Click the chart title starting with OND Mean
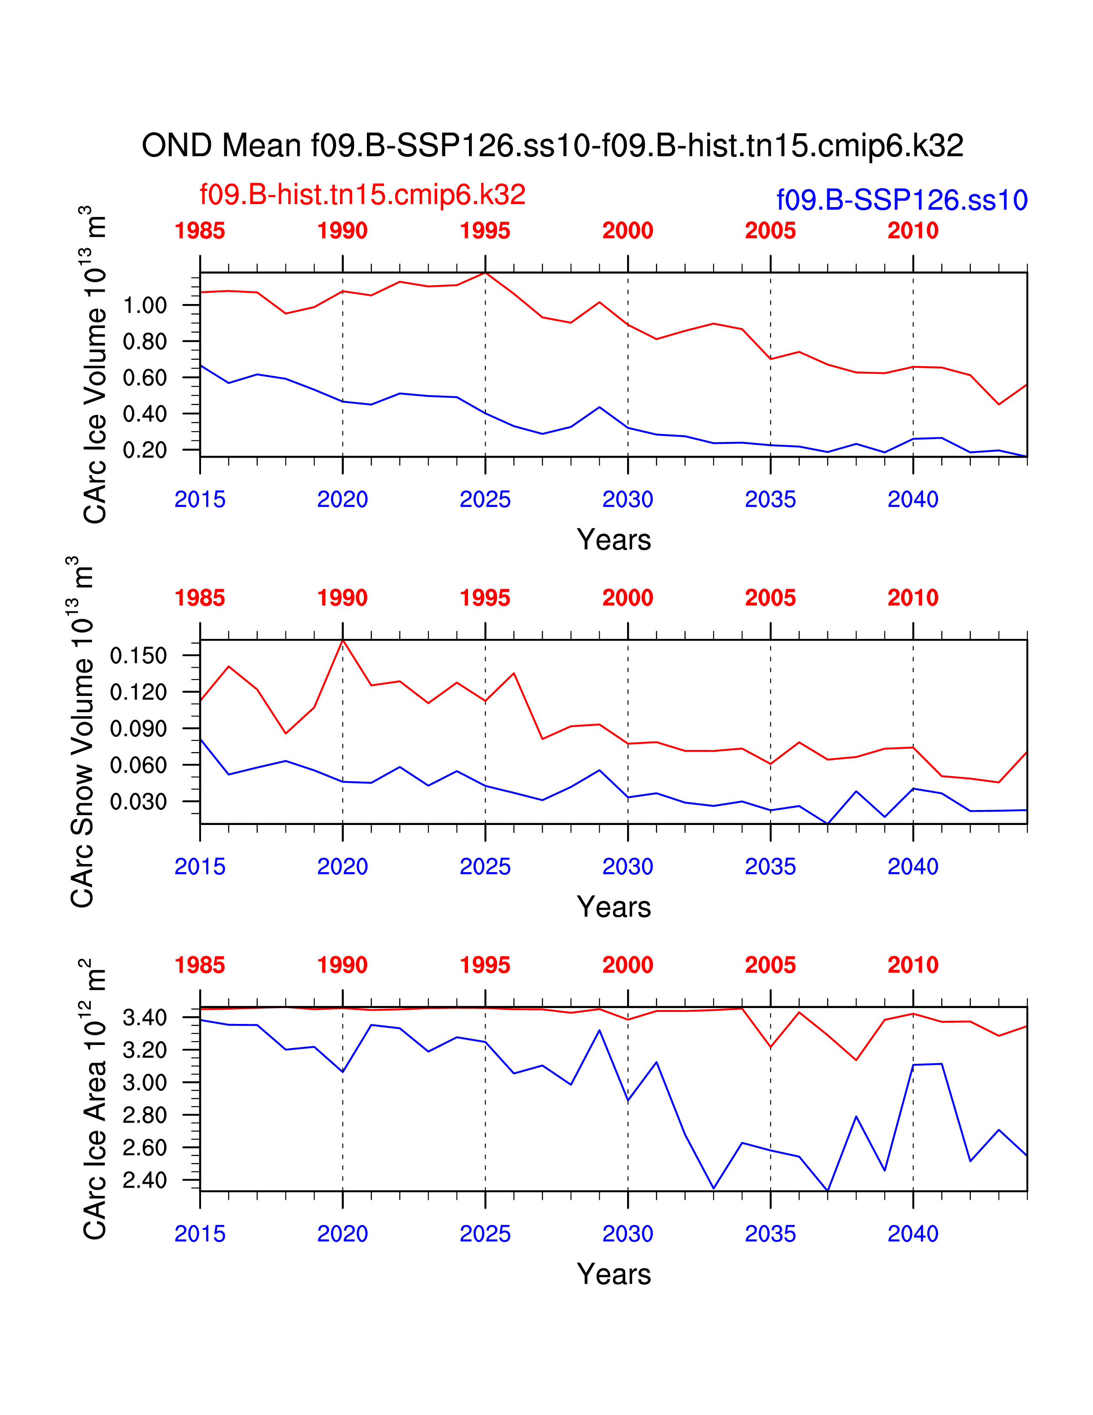click(x=553, y=146)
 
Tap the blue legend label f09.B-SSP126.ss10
click(x=901, y=200)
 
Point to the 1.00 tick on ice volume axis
click(x=144, y=305)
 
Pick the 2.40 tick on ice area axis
click(x=144, y=1180)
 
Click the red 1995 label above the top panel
click(x=485, y=231)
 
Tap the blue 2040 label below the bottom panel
click(x=913, y=1234)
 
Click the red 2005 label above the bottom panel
click(x=770, y=965)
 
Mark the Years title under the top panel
click(x=613, y=540)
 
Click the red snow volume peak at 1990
click(x=342, y=641)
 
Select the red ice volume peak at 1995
click(x=485, y=274)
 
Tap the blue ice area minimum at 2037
click(x=828, y=1190)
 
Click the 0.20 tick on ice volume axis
click(x=144, y=450)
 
